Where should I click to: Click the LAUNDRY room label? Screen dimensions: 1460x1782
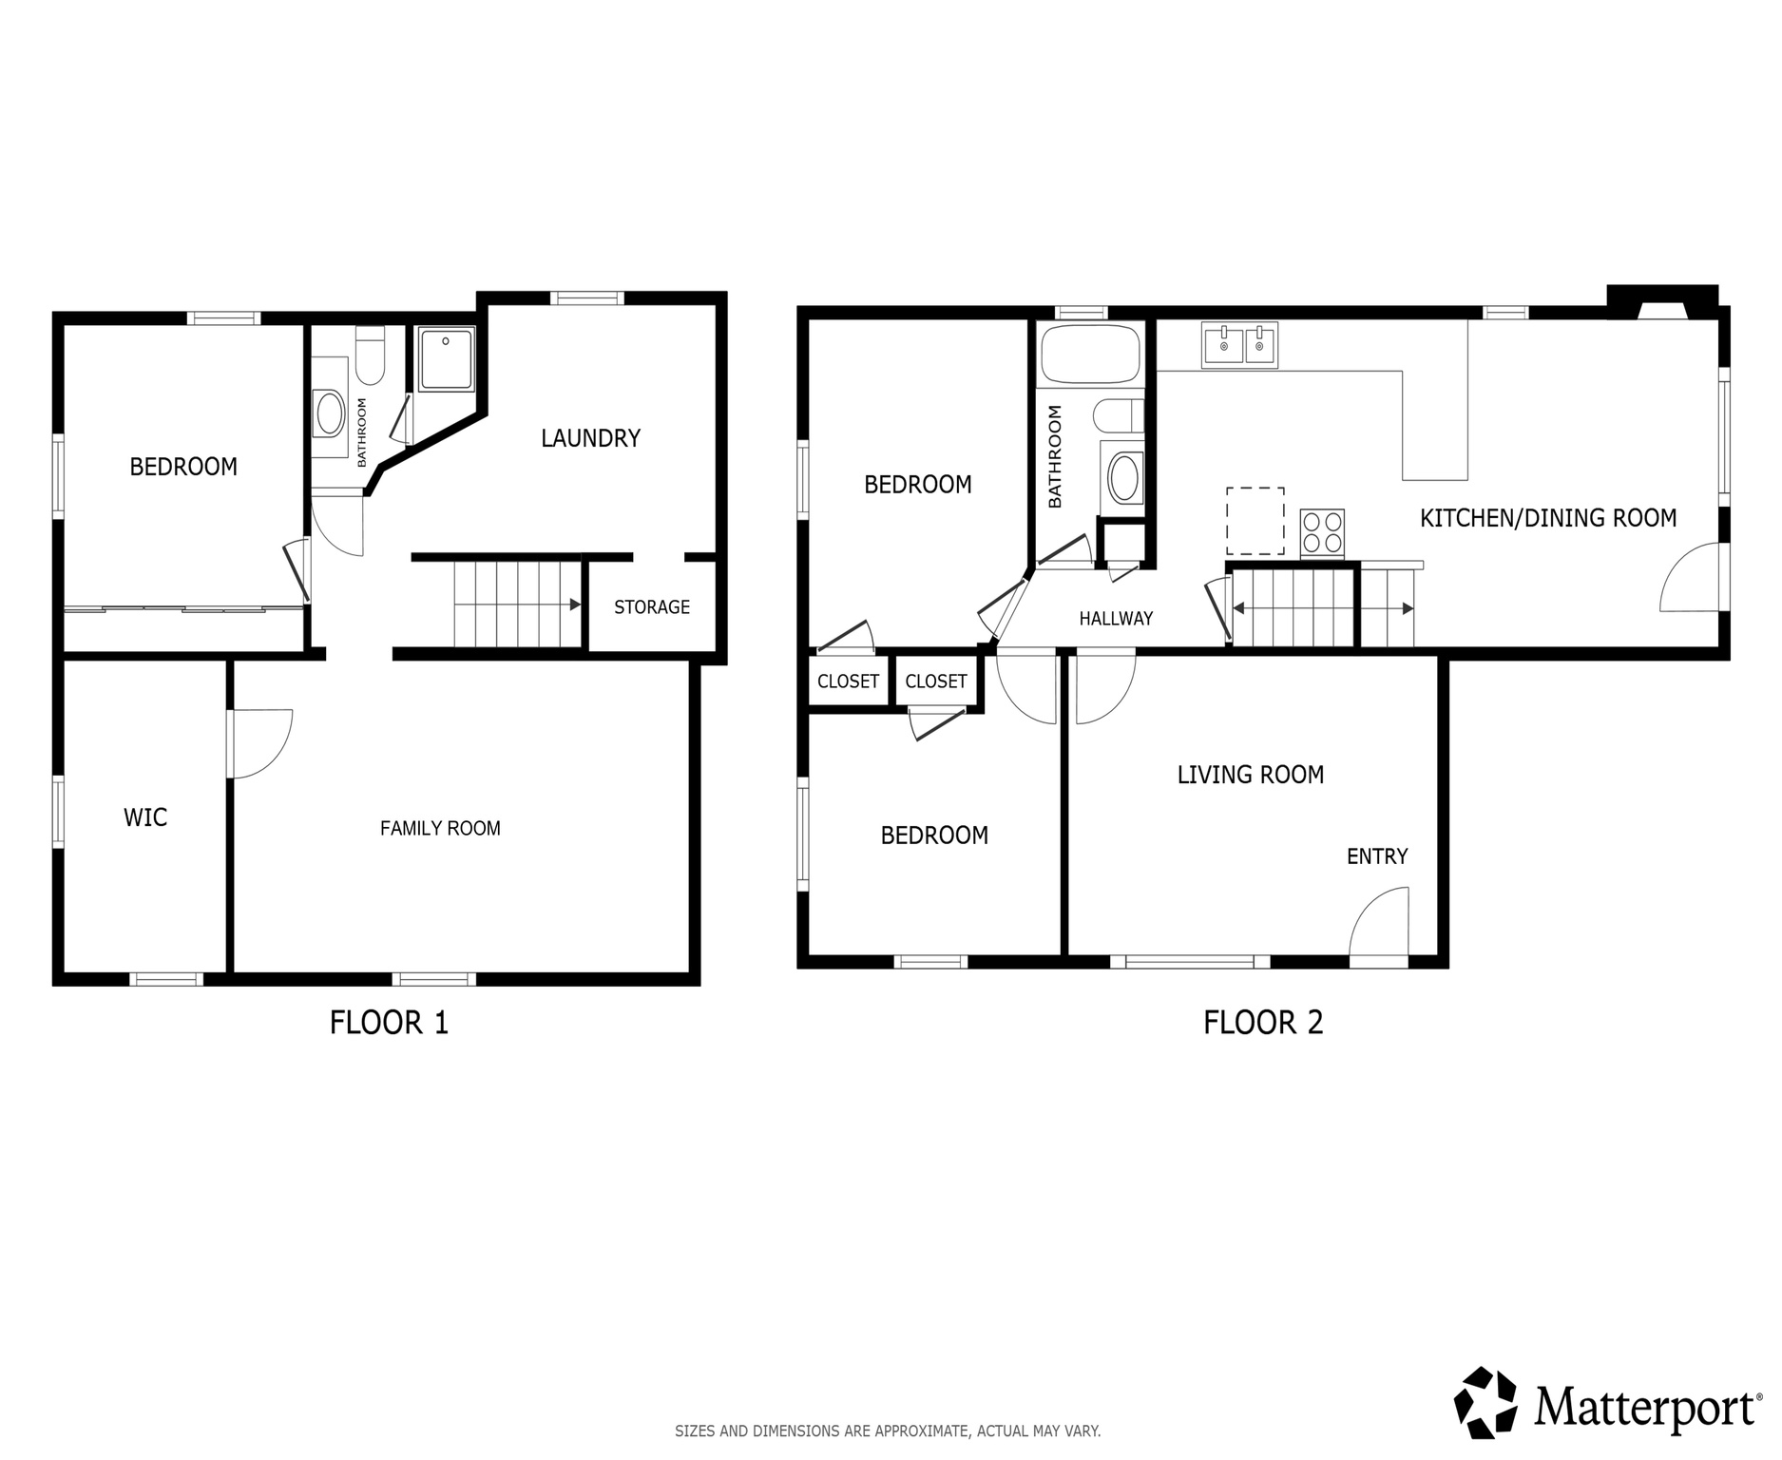click(x=590, y=438)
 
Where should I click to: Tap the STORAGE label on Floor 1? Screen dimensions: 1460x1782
click(x=651, y=607)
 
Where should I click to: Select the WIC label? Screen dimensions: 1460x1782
click(x=145, y=817)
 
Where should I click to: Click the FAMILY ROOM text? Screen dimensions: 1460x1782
click(x=440, y=829)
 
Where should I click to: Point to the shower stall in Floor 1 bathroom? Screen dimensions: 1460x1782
click(x=446, y=359)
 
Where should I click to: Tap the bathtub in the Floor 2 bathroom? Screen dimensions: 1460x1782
click(x=1090, y=355)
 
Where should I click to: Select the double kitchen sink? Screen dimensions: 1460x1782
click(x=1239, y=345)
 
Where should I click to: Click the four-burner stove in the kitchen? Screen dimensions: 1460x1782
click(x=1322, y=533)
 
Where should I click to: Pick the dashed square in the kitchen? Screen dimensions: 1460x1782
click(x=1255, y=521)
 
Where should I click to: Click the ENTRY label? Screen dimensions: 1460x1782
click(x=1376, y=856)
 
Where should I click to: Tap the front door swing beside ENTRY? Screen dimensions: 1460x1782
click(x=1379, y=927)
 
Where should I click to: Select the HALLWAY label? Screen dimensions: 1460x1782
click(x=1116, y=619)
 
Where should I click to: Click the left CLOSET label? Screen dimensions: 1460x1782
click(x=848, y=682)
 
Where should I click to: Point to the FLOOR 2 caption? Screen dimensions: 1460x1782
click(x=1262, y=1023)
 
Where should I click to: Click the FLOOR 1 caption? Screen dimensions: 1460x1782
click(x=388, y=1023)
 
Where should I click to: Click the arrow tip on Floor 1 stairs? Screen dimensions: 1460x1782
click(x=575, y=605)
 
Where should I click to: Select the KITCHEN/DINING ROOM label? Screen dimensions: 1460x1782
click(x=1547, y=518)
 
